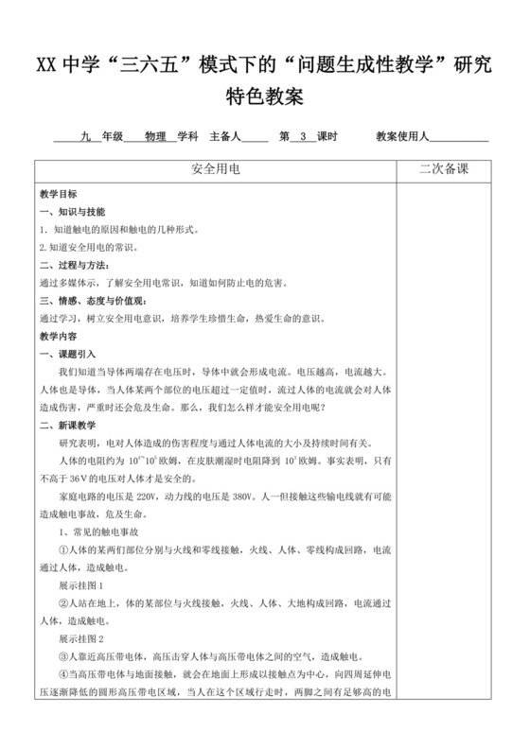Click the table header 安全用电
(217, 169)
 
